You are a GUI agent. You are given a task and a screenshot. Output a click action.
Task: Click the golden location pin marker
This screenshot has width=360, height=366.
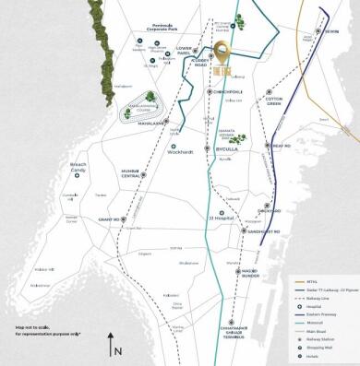tap(221, 53)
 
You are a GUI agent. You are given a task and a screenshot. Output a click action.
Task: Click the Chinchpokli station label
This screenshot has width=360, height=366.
tap(226, 91)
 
